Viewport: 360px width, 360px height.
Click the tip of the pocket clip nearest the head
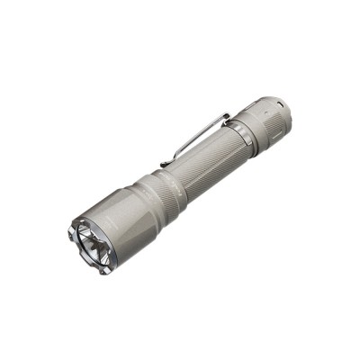coord(163,164)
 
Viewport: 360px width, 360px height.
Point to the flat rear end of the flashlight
coord(290,106)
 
